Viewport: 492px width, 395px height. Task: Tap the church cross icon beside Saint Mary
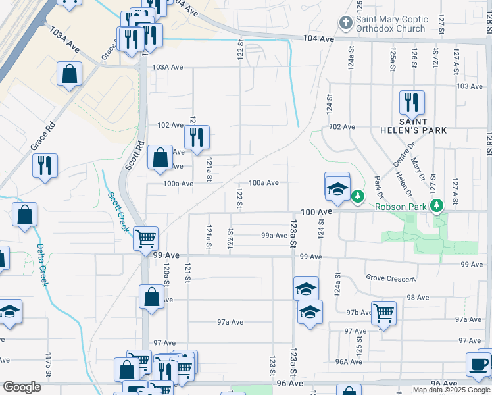(345, 24)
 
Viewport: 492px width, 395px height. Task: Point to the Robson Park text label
(401, 207)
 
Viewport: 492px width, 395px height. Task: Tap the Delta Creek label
(42, 265)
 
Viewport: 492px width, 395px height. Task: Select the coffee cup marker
(478, 363)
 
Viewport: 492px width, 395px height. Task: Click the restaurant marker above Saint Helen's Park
(412, 102)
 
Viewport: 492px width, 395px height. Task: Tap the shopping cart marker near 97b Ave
(383, 313)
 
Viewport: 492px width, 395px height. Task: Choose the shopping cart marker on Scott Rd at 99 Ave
(145, 238)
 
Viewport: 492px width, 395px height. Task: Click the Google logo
(22, 388)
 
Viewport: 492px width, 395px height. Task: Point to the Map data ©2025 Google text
(451, 390)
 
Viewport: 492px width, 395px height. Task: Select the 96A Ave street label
(348, 361)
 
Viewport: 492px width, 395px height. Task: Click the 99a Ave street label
(275, 235)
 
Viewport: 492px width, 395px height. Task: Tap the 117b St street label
(49, 364)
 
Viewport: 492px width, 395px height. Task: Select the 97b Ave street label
(358, 313)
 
